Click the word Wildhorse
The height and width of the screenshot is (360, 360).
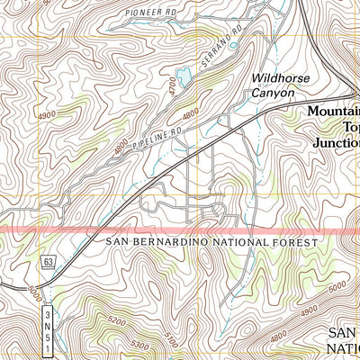[x=280, y=78]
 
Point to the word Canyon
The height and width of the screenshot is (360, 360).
[x=274, y=92]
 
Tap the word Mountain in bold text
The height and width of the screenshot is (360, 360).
[x=333, y=112]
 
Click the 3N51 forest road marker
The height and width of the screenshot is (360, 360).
[x=48, y=323]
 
